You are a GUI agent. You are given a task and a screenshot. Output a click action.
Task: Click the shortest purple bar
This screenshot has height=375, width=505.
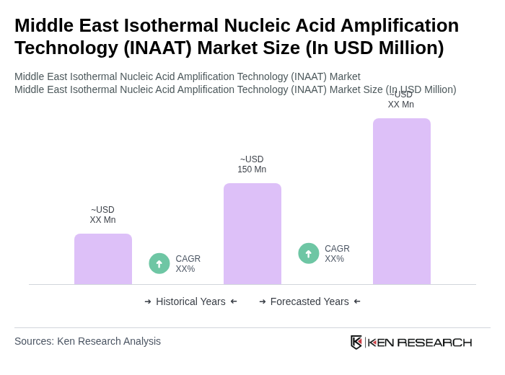pos(103,259)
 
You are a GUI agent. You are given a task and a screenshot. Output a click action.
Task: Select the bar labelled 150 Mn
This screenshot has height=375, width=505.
pos(252,234)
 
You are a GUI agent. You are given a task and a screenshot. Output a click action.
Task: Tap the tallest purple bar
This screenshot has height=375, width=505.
pos(401,201)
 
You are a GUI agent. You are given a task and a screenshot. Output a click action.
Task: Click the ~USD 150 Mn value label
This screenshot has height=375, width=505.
pos(252,164)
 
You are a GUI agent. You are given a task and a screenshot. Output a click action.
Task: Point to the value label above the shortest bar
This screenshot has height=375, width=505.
pos(102,215)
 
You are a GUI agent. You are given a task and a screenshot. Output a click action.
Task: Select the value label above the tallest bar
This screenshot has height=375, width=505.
pos(400,100)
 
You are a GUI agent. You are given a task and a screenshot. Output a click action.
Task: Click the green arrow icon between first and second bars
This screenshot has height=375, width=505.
pos(159,263)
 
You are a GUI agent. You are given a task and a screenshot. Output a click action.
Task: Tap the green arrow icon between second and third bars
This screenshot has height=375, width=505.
pos(309,253)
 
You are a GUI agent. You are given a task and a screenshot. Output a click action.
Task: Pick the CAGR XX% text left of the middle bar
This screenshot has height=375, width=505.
pos(188,264)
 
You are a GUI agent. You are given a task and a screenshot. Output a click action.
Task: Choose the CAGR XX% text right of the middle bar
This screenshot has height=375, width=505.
pos(337,254)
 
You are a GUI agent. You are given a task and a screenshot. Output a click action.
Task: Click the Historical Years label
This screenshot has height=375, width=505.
pos(190,301)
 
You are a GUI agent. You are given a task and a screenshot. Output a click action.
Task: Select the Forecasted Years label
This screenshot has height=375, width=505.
pos(309,301)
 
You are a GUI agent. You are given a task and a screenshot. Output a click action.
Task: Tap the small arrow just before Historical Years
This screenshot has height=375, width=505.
pos(148,301)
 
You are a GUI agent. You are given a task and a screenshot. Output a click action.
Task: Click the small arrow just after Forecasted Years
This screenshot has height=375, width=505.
pos(357,301)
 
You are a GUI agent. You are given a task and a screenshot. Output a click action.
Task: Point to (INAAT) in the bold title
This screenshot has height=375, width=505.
pos(161,48)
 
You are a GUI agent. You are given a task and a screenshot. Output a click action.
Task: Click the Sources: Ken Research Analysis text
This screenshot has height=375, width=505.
pos(87,341)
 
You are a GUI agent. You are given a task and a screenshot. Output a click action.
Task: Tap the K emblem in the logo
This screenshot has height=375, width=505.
pos(356,342)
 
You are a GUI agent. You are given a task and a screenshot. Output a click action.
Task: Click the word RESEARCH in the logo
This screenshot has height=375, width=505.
pos(434,342)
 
